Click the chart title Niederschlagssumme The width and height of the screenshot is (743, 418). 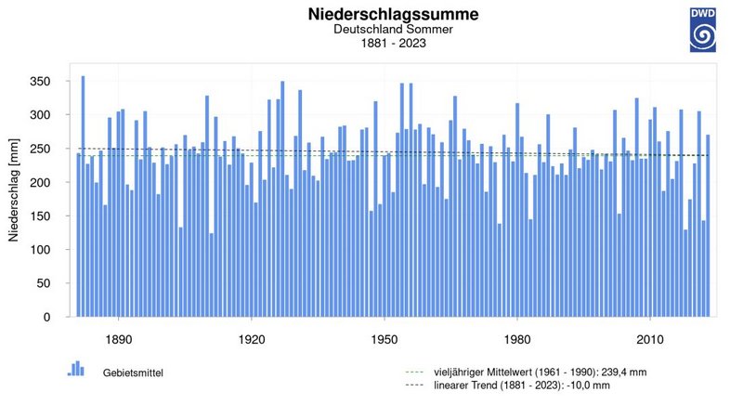point(381,15)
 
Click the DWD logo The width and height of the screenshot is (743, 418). point(703,30)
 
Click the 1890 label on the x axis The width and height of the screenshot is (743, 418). point(118,339)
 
